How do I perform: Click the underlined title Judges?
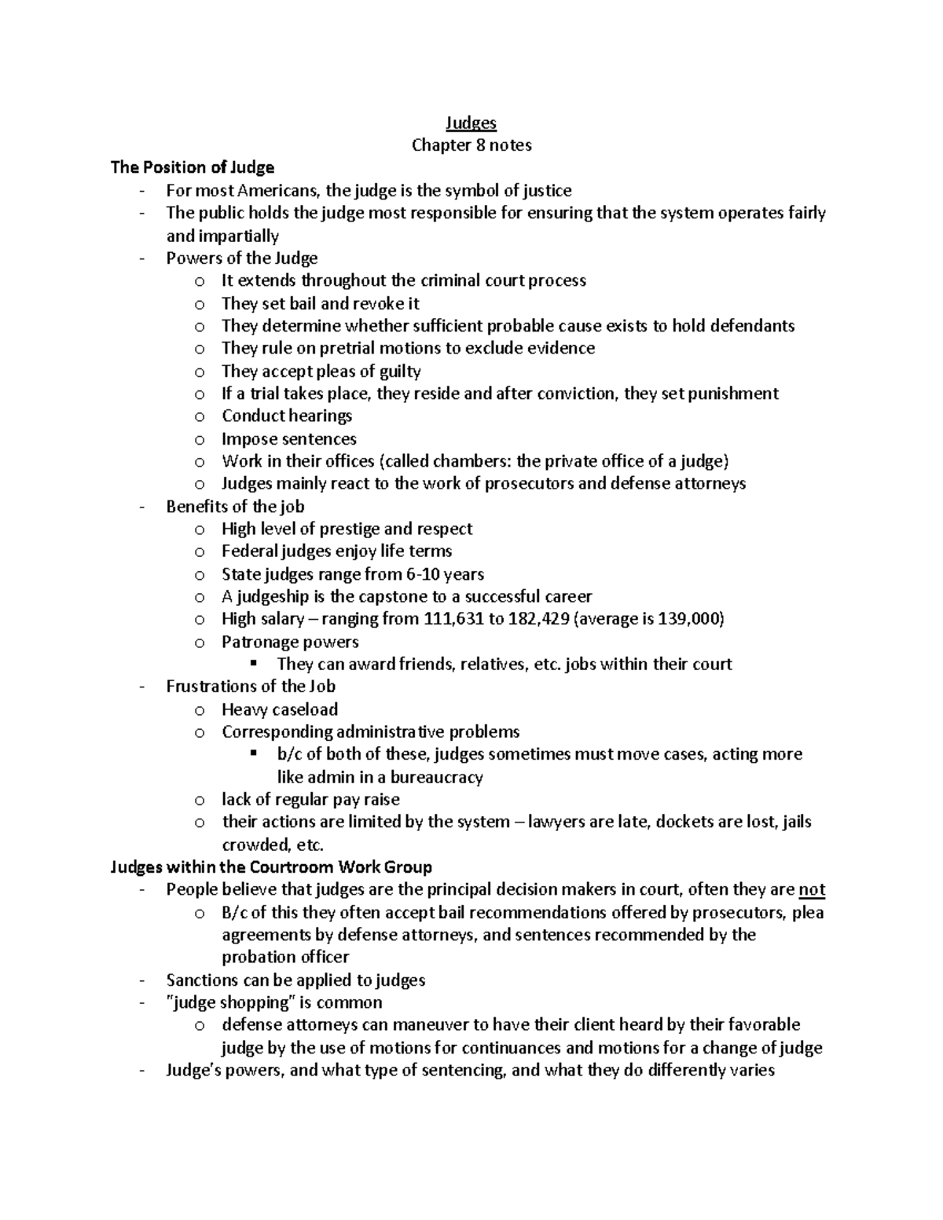471,123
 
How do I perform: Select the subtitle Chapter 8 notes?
472,145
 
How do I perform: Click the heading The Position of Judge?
193,167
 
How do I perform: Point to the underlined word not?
812,889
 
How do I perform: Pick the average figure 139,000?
688,619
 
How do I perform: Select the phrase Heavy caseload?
280,709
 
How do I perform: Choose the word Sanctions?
200,980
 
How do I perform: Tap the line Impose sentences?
288,439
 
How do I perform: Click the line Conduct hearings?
287,416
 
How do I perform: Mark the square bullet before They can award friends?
253,664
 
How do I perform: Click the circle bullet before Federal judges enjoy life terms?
200,551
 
